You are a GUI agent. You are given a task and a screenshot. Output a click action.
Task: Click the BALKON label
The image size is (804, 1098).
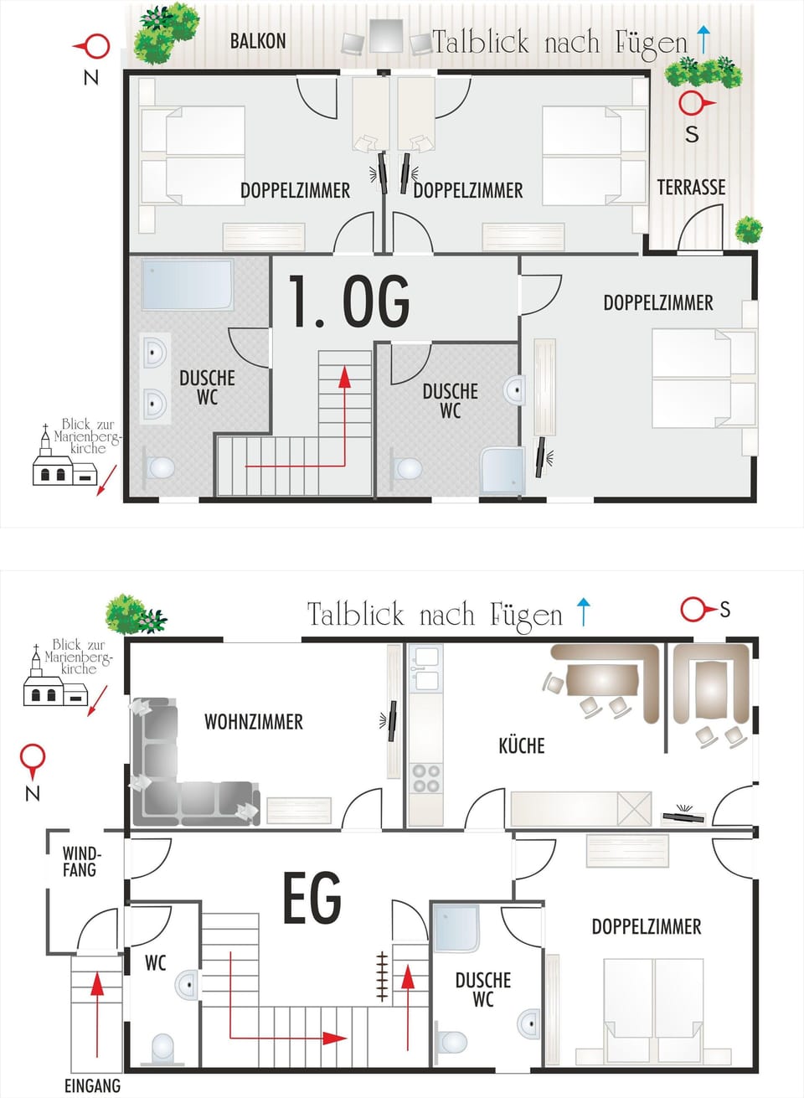click(x=258, y=41)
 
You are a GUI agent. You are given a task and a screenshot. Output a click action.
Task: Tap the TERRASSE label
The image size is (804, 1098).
click(x=691, y=188)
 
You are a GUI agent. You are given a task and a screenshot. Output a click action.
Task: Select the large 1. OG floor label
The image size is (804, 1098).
click(x=349, y=301)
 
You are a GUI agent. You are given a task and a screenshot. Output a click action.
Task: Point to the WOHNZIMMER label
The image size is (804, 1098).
click(x=254, y=722)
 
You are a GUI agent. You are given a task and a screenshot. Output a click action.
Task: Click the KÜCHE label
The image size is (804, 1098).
click(x=522, y=745)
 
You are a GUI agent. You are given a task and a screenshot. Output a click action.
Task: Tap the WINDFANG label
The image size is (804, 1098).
click(x=82, y=862)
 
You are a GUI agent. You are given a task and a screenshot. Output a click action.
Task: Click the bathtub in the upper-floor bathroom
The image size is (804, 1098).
click(x=188, y=285)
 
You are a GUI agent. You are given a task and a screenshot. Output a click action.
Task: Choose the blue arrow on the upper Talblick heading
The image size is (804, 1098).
click(x=703, y=39)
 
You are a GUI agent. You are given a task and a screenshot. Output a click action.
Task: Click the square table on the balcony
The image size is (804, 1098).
click(x=386, y=35)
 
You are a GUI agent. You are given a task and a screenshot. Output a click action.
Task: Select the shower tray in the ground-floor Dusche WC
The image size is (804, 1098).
click(x=456, y=928)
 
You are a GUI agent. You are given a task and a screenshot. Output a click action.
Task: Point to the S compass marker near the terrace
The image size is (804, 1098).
click(x=695, y=116)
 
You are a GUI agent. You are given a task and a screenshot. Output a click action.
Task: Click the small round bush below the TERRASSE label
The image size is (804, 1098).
click(x=749, y=229)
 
